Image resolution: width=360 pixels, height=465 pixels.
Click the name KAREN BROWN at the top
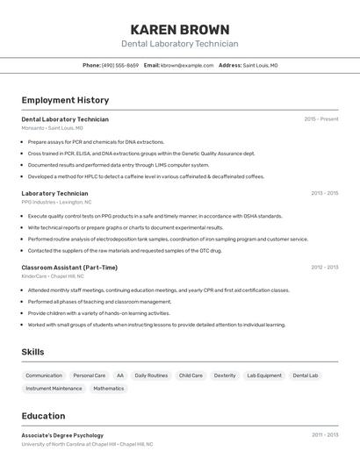[179, 29]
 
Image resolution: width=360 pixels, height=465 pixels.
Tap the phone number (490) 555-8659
[120, 65]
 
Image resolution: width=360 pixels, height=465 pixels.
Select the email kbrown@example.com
[187, 65]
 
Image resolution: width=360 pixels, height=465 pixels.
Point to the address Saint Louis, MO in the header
[260, 65]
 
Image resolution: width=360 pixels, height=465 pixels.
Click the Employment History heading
[65, 100]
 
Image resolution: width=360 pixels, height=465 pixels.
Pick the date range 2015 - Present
[320, 119]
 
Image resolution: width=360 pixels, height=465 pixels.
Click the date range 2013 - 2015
[324, 193]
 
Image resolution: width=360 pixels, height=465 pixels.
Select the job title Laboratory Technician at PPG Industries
[54, 193]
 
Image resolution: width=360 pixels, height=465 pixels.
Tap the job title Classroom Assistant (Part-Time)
[69, 268]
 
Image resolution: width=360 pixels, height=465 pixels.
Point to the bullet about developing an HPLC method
[146, 176]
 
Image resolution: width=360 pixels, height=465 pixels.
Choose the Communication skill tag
[44, 376]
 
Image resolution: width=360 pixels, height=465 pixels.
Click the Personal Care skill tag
[89, 376]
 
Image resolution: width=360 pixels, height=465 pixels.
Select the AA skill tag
[120, 376]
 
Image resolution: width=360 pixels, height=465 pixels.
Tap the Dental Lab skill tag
[306, 376]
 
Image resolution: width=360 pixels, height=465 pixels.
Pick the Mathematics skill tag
[109, 388]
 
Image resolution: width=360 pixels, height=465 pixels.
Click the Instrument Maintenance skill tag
[54, 388]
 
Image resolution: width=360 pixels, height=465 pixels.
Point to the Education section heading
[43, 416]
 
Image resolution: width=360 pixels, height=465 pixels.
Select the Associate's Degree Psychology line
[62, 435]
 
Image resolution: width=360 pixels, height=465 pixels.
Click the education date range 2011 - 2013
[324, 435]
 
